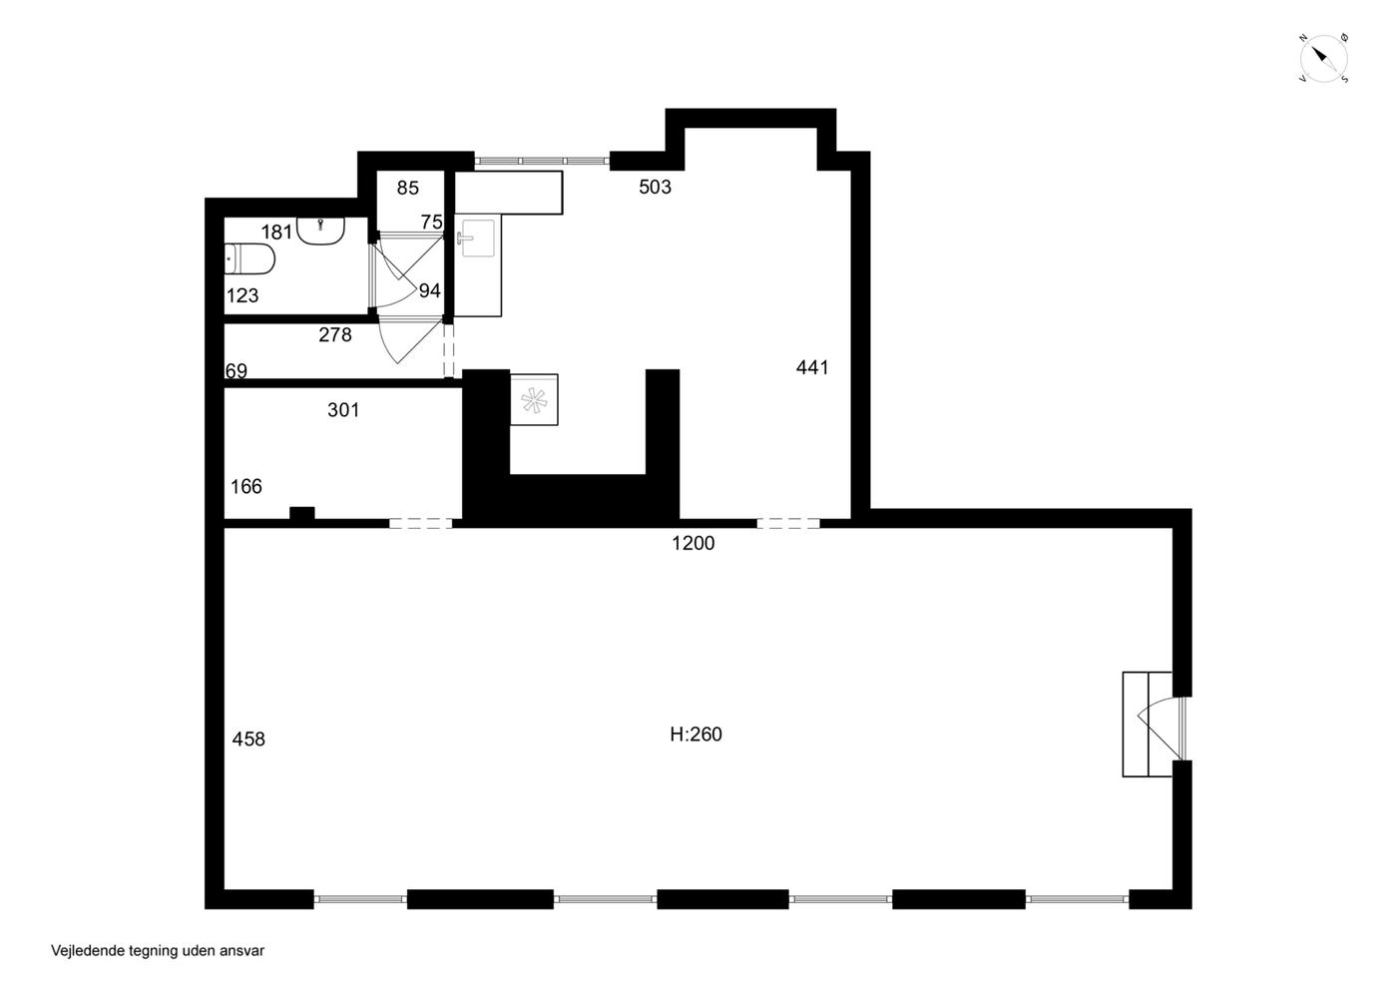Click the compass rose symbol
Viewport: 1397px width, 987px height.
coord(1323,58)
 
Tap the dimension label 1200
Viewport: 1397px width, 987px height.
coord(693,544)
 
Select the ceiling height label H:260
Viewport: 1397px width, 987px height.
coord(697,735)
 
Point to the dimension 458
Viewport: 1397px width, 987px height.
coord(248,740)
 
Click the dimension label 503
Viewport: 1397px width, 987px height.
coord(655,187)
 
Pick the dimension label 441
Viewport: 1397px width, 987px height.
coord(812,367)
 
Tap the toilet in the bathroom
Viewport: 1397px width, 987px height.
coord(249,259)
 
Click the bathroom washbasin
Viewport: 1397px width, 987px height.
coord(320,231)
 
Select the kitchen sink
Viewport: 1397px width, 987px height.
coord(477,237)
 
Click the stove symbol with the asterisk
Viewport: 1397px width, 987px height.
coord(534,400)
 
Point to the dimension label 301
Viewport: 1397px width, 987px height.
coord(343,410)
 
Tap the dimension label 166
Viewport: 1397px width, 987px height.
coord(246,487)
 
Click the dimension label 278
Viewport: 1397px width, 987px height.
coord(335,335)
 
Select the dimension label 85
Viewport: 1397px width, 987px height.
coord(408,188)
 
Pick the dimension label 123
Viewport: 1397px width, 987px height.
coord(241,295)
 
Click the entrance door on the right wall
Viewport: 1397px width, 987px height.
coord(1162,728)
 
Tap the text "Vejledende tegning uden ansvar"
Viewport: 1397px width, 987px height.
coord(158,951)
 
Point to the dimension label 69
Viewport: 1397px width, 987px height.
coord(236,371)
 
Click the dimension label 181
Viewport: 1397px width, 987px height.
coord(276,233)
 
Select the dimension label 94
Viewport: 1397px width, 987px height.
coord(430,290)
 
